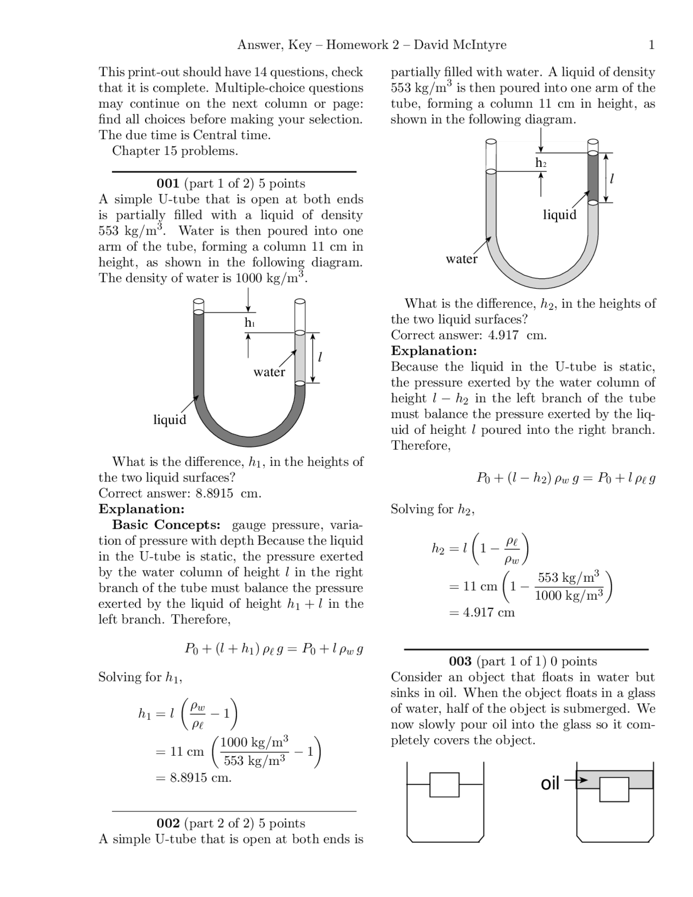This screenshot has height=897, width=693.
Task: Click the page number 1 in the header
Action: [x=651, y=45]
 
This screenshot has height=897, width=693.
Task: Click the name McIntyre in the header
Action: [x=480, y=45]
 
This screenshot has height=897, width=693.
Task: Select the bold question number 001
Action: [x=168, y=184]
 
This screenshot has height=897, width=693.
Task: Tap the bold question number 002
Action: [x=168, y=823]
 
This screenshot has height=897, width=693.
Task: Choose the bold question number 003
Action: [x=460, y=661]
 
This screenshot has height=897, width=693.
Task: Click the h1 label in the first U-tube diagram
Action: [x=249, y=323]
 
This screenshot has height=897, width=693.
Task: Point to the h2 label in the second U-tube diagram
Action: [x=541, y=163]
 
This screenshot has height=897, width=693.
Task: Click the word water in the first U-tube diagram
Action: [x=269, y=372]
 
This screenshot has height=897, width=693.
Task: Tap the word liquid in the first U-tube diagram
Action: [x=169, y=420]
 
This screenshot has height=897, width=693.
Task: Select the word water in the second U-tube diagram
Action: [x=462, y=259]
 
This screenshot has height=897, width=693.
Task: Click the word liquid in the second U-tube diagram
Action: [x=560, y=215]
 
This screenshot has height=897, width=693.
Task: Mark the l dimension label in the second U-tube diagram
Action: [x=612, y=178]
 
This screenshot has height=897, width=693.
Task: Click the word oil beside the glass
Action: [x=550, y=783]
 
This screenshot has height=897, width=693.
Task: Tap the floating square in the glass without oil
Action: [x=444, y=785]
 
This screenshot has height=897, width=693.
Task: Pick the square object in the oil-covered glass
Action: [x=614, y=789]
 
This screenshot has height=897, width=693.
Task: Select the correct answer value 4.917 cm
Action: [x=517, y=335]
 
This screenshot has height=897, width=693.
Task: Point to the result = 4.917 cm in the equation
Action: [x=482, y=613]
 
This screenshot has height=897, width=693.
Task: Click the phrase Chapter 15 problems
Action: [x=175, y=151]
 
